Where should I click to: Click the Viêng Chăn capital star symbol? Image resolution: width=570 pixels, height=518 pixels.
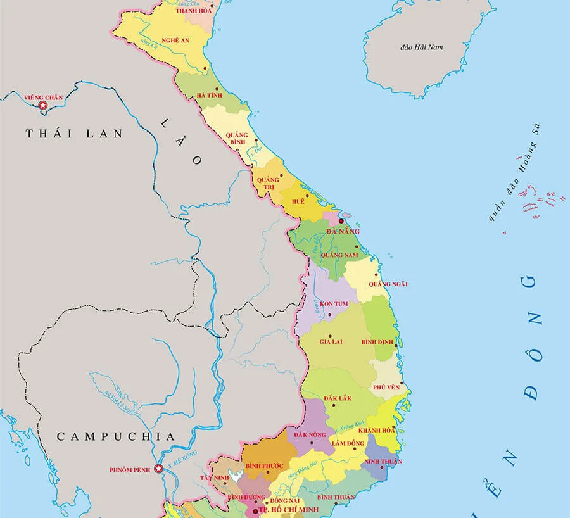pos(43,106)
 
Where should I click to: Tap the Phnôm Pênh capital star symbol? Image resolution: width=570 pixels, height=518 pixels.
pos(159,470)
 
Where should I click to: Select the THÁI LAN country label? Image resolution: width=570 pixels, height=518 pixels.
pos(73,134)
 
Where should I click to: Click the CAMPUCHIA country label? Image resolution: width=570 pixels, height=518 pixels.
pos(115,436)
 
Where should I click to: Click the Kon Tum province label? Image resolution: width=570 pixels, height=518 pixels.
pos(334,304)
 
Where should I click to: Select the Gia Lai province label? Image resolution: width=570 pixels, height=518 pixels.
pos(331,341)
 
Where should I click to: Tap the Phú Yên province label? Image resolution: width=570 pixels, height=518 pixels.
pos(386,387)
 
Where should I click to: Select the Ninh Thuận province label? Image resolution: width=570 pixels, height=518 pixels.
pos(383,460)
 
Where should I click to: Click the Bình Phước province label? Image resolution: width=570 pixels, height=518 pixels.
pos(264,466)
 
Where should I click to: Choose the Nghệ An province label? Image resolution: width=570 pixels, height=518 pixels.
pos(175,40)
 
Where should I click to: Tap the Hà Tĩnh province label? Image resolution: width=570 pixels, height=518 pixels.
pos(209,94)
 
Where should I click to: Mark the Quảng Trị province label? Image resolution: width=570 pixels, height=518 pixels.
pos(268,184)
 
